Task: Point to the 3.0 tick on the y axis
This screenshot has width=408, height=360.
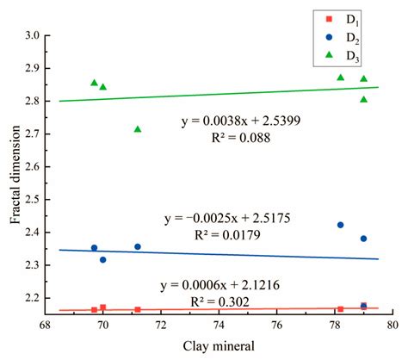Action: coord(35,35)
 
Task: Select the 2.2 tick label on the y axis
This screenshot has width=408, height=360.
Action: coord(35,298)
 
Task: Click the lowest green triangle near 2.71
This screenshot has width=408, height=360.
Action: coord(138,129)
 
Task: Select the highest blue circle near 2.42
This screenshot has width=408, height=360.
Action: coord(340,225)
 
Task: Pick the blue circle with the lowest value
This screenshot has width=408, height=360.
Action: coord(103,259)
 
